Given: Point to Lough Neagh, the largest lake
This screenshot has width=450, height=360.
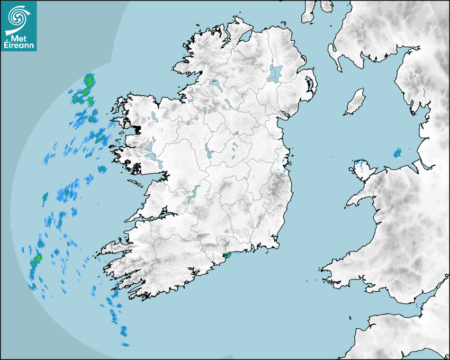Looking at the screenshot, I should [x=276, y=73].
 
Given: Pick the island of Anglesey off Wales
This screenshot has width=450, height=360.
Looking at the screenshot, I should [x=363, y=170].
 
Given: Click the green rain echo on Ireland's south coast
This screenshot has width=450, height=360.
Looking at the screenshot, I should [x=228, y=255].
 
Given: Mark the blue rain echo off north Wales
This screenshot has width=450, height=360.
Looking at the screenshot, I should [x=397, y=154].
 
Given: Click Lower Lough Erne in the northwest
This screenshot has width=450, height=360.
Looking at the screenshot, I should [x=215, y=84].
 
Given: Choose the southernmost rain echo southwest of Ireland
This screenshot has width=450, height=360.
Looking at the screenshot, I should [x=125, y=345].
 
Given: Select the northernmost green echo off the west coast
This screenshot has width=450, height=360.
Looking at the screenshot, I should [x=89, y=80].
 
